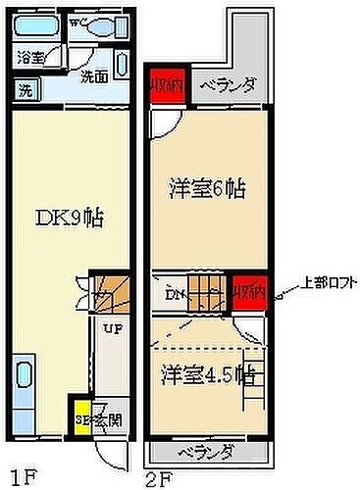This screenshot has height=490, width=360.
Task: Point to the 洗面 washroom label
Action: click(x=94, y=76)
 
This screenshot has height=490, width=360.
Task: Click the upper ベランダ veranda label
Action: click(x=229, y=85)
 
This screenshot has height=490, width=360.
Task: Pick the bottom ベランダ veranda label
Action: click(x=207, y=452)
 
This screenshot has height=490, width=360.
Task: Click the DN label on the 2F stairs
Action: click(x=176, y=294)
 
